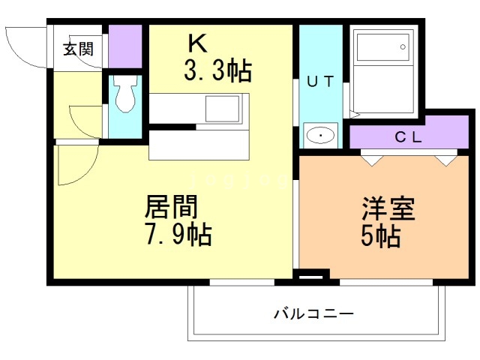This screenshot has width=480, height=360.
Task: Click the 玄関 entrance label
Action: click(x=78, y=49)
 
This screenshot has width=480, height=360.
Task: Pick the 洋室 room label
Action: click(x=388, y=208)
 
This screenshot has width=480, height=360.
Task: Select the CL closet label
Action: click(x=409, y=137)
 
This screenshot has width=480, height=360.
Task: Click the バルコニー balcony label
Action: click(x=313, y=313)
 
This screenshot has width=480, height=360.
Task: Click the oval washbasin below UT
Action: click(x=320, y=136)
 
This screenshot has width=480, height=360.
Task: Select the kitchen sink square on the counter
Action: click(x=222, y=109)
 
